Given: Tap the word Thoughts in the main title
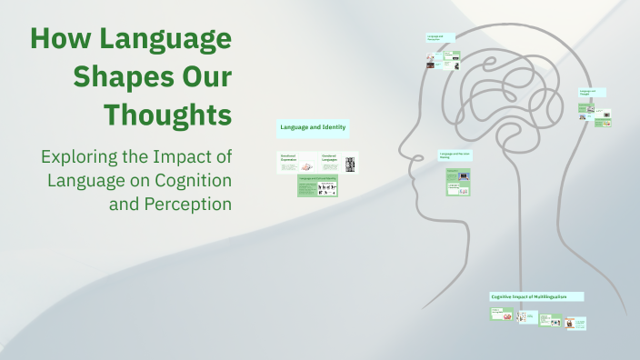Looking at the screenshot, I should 167,115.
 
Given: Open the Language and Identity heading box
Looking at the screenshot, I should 313,128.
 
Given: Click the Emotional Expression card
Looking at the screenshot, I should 296,163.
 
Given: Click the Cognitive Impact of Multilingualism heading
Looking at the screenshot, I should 536,297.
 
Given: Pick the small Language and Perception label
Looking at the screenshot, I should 440,38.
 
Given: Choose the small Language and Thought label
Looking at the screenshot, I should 592,93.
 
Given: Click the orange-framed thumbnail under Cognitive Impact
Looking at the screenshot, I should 569,322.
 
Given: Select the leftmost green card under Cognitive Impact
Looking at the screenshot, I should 501,315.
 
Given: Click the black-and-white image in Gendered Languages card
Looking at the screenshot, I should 350,164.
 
